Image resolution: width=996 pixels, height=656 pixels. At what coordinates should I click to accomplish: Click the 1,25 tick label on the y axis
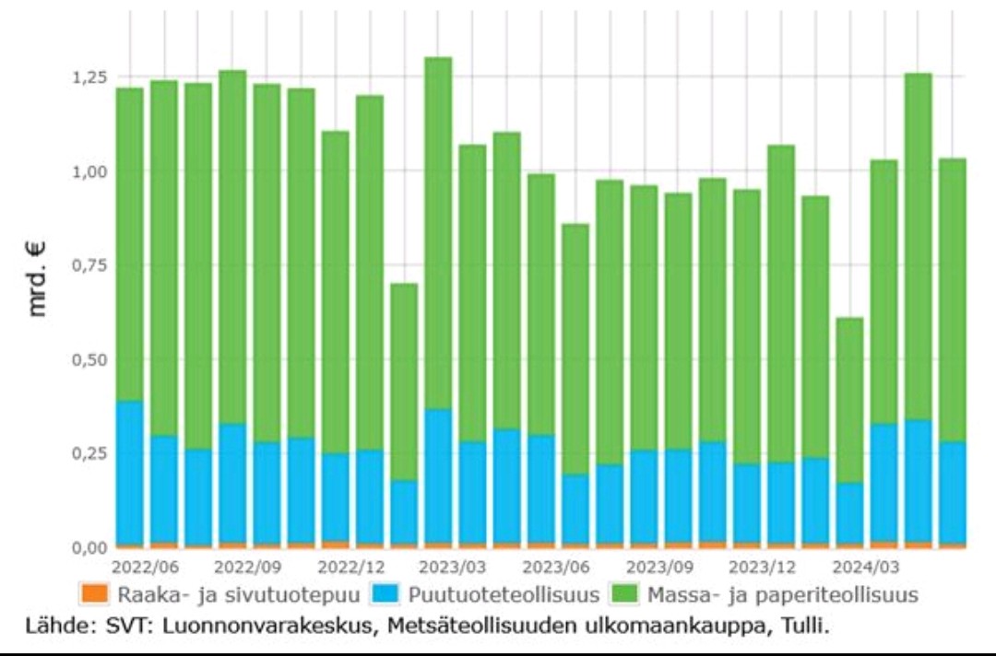click(91, 76)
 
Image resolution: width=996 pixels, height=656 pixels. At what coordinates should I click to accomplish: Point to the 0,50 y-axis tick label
click(91, 359)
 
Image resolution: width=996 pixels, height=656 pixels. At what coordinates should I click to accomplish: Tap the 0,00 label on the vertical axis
click(91, 548)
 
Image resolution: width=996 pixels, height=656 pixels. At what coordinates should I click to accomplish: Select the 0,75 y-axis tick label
click(91, 265)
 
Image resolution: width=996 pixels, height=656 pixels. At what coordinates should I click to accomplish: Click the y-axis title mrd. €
click(38, 276)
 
